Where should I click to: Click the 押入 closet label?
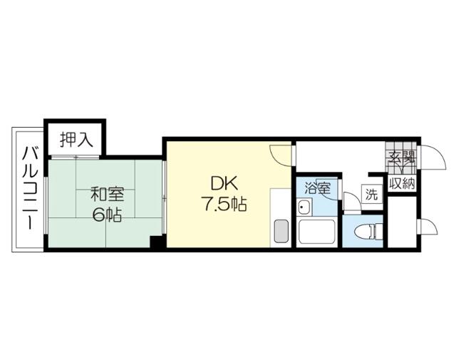(x=76, y=140)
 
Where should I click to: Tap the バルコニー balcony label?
(x=30, y=188)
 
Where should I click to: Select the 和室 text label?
(x=108, y=195)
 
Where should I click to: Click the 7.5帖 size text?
(x=224, y=204)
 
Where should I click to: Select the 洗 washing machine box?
(x=371, y=193)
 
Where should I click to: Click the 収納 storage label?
(x=402, y=184)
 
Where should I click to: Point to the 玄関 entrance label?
(x=402, y=158)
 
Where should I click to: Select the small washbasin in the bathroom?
(x=304, y=207)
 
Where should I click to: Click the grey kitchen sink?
(x=281, y=231)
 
